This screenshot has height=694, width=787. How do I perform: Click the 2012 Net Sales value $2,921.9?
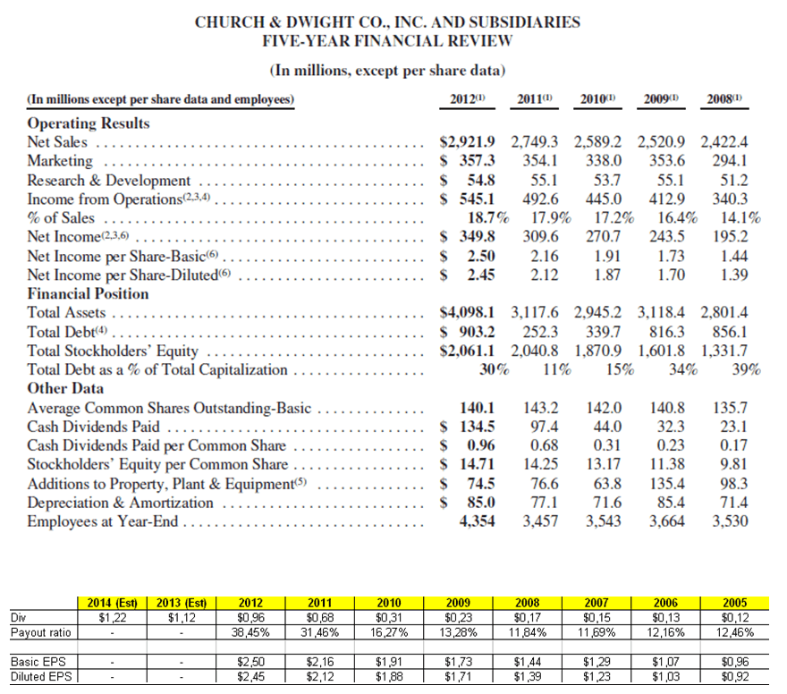[473, 141]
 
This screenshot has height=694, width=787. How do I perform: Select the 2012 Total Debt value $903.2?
[473, 332]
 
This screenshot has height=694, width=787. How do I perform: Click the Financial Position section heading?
[89, 293]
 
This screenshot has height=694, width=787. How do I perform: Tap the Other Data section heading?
[66, 388]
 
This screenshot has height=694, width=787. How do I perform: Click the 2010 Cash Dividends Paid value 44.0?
[606, 427]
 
